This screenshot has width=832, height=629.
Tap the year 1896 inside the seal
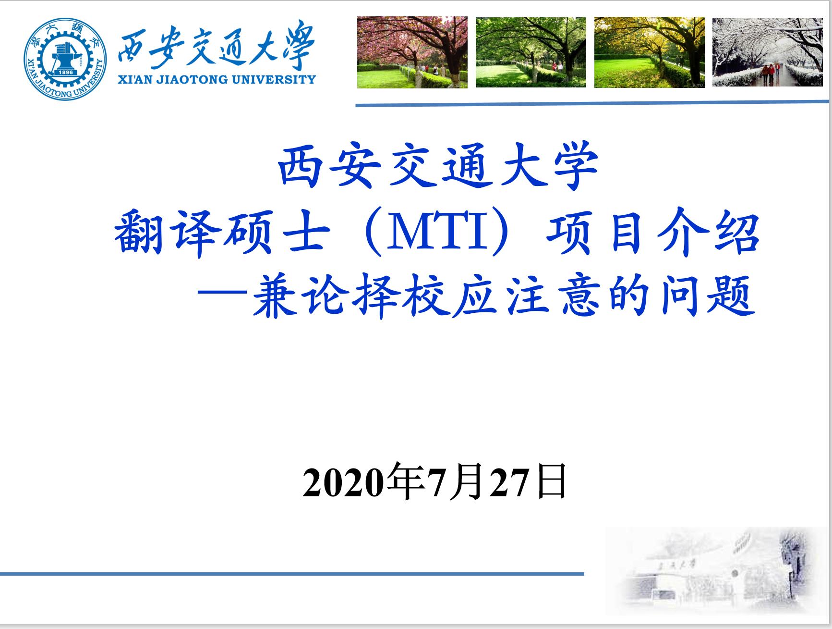(x=65, y=72)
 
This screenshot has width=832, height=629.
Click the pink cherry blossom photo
(x=412, y=52)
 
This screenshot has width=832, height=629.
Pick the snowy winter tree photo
(x=767, y=52)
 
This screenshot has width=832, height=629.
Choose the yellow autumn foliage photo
(x=649, y=52)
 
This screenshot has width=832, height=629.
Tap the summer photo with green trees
(x=531, y=52)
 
